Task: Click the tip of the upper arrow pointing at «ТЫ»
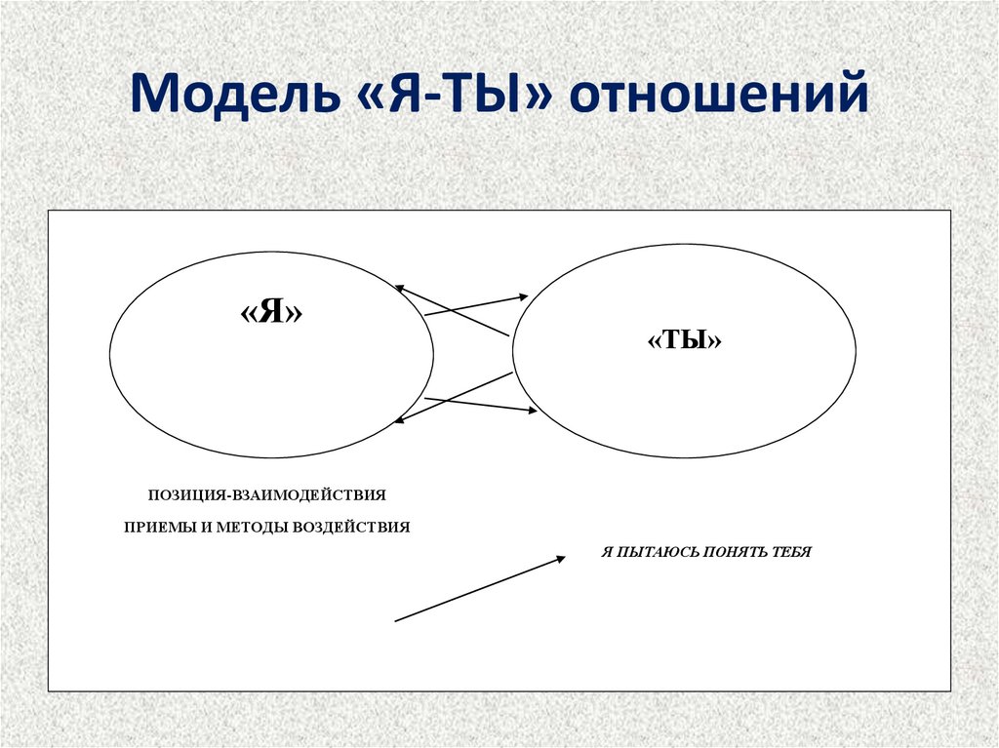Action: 528,295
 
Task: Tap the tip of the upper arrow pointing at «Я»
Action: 395,286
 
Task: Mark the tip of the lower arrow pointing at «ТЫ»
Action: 536,412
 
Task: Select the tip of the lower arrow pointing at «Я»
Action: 394,422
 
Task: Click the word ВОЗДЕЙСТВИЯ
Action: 351,527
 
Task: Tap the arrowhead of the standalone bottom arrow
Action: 564,557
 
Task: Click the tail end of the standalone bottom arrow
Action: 395,620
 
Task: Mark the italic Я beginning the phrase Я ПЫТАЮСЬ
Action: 607,552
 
